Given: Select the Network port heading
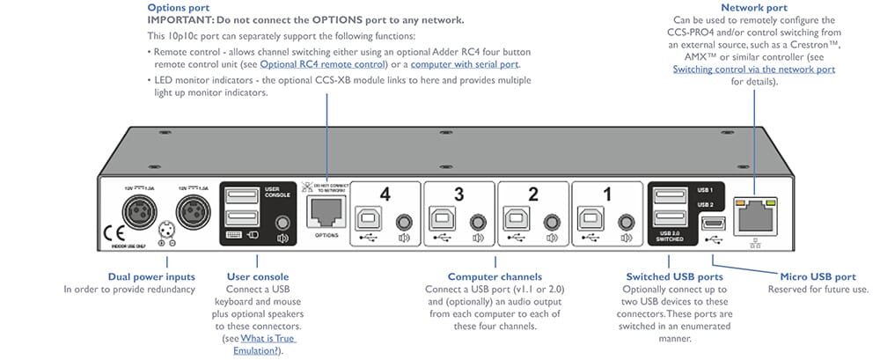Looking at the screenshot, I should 753,7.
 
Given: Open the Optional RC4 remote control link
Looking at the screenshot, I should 320,64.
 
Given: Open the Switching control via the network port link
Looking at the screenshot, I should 754,69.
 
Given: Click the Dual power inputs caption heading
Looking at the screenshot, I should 151,276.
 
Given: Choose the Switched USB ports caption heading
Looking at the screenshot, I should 669,276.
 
